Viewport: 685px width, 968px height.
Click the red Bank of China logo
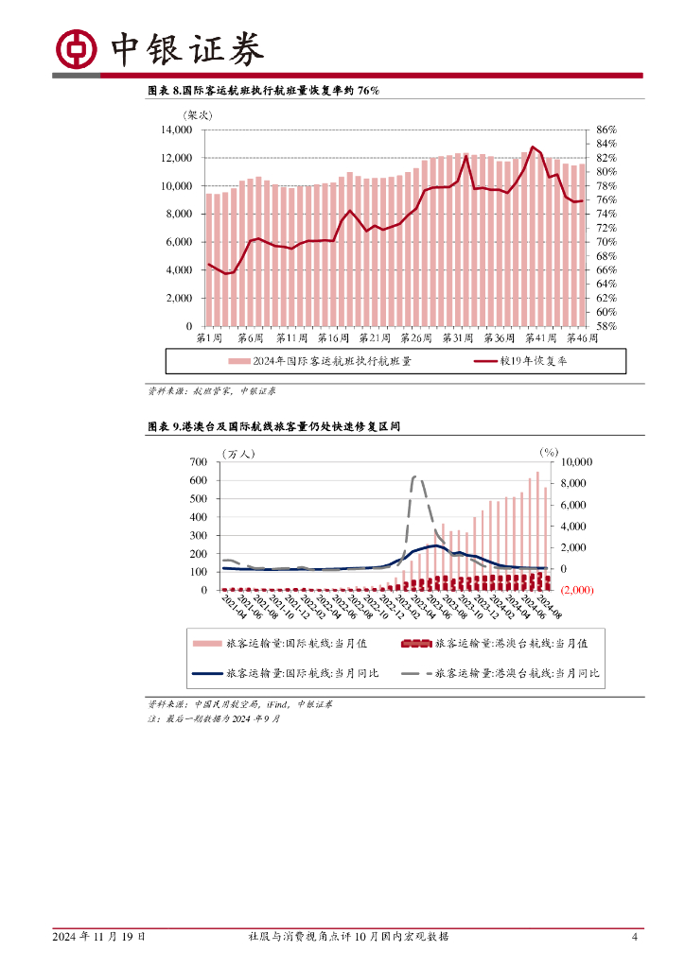pyautogui.click(x=76, y=48)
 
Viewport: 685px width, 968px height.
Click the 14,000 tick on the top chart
pyautogui.click(x=177, y=130)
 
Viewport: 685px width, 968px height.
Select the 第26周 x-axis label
pyautogui.click(x=417, y=337)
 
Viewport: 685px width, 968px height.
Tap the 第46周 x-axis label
pyautogui.click(x=581, y=337)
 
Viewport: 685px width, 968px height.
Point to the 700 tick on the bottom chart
pyautogui.click(x=198, y=461)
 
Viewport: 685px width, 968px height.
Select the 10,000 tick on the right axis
pyautogui.click(x=576, y=462)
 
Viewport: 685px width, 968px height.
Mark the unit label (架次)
pyautogui.click(x=199, y=115)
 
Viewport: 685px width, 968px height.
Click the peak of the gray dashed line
pyautogui.click(x=414, y=476)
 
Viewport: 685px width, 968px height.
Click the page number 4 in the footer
pyautogui.click(x=635, y=937)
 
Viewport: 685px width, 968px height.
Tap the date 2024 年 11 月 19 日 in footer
pyautogui.click(x=99, y=937)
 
